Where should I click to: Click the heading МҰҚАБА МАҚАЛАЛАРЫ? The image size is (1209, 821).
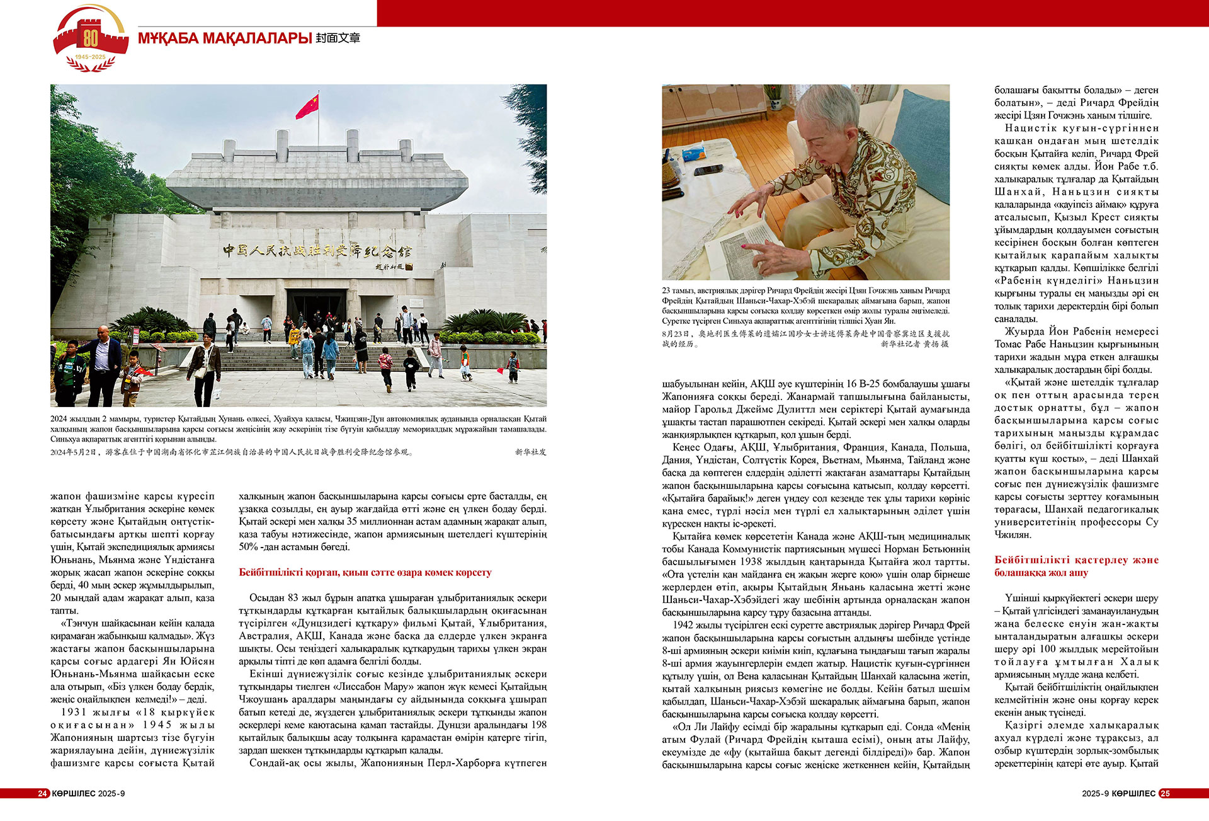coord(225,38)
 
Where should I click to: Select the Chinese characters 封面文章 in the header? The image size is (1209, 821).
coord(338,38)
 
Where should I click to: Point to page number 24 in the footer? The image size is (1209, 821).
coord(42,793)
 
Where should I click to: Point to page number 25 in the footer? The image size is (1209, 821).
coord(1165,793)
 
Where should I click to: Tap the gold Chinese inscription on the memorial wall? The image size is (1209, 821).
coord(317,251)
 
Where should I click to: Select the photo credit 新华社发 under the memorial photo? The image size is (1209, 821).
coord(530,452)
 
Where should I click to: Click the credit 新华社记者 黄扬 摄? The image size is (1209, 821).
coord(914,344)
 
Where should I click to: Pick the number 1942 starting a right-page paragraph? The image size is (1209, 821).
coord(683,625)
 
